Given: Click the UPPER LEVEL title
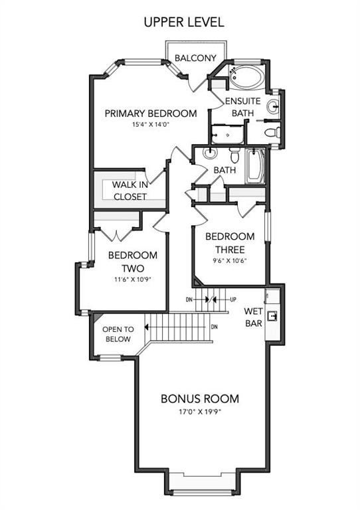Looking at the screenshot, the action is [x=184, y=22].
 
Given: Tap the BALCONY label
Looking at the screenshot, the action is [x=195, y=58].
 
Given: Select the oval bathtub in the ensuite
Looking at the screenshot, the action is [x=246, y=77].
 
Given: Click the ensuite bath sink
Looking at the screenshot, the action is [x=273, y=106].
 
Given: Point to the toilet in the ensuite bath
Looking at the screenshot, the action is [x=272, y=133].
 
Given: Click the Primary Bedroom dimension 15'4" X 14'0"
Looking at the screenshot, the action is [x=151, y=124].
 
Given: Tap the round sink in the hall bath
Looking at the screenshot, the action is [x=210, y=153].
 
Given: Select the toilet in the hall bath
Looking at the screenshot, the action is [x=234, y=155].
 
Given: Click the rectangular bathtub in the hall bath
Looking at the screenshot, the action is [x=255, y=166].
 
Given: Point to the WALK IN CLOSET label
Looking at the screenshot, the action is [x=130, y=191].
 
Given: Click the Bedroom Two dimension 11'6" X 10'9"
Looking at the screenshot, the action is [x=133, y=279].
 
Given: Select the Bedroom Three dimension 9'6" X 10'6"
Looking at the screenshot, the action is [x=230, y=260].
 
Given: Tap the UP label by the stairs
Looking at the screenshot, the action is [x=233, y=299].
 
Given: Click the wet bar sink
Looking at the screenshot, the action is [x=272, y=315].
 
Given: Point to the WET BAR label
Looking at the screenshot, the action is [x=253, y=317].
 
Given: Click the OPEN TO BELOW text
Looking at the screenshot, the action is [x=118, y=334].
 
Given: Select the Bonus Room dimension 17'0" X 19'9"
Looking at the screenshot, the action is [x=200, y=412].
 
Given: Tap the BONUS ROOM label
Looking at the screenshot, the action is [x=200, y=398].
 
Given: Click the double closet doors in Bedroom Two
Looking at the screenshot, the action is [x=116, y=234].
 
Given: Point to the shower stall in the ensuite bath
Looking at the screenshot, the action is [x=227, y=134].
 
